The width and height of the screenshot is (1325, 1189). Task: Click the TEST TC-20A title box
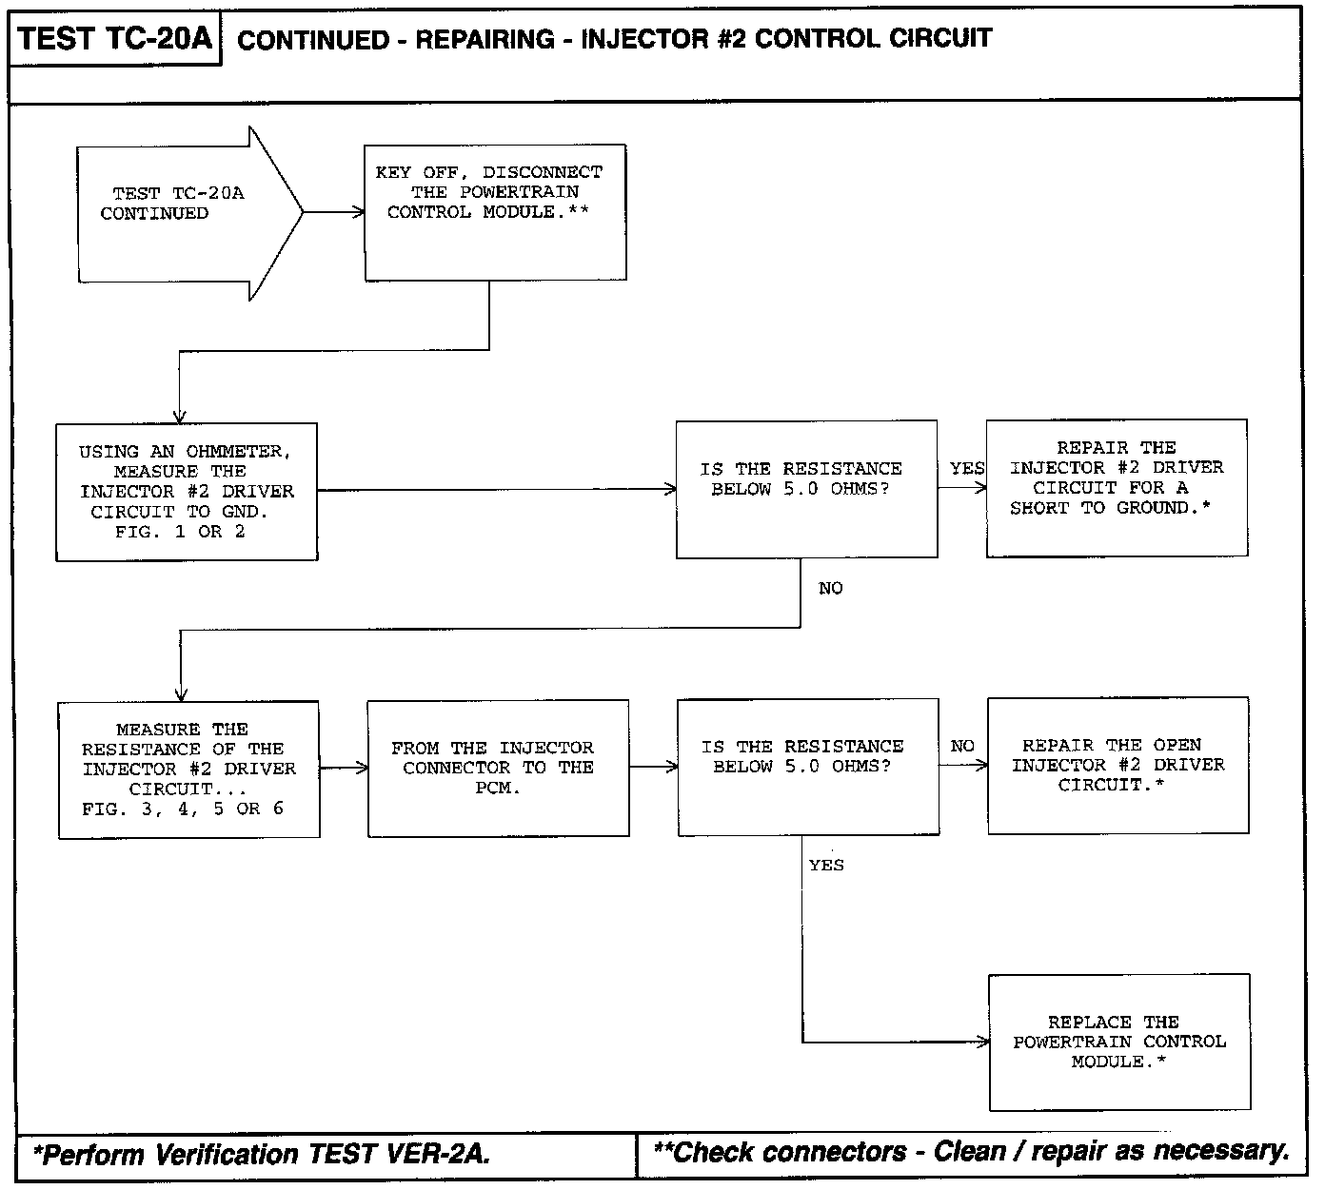coord(114,40)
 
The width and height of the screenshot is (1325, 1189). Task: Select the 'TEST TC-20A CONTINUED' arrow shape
coord(181,213)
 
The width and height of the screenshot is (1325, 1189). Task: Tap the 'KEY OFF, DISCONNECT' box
coord(495,212)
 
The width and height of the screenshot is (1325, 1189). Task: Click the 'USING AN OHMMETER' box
coord(187,491)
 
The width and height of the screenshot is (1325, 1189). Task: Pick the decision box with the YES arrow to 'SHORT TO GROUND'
coord(806,489)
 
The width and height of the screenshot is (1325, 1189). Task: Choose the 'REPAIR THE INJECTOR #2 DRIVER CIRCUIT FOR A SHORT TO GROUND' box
coord(1117,487)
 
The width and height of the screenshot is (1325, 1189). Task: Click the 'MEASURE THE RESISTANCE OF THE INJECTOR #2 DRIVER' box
coord(188,770)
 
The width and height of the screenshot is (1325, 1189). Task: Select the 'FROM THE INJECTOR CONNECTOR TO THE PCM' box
coord(498,768)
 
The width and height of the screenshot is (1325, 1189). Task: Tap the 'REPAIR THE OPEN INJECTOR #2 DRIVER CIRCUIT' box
coord(1117,766)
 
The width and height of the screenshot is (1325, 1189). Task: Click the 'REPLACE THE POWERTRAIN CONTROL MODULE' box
coord(1119,1042)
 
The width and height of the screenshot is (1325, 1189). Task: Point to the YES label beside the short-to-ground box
coord(967,469)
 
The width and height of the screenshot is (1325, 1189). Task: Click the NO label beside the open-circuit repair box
coord(962,747)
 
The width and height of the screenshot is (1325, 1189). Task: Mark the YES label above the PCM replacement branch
coord(826,866)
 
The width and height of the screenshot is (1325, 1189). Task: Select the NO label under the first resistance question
coord(830,589)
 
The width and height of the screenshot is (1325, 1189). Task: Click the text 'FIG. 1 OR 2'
coord(180,532)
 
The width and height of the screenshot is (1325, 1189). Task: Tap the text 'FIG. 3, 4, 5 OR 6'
coord(183,809)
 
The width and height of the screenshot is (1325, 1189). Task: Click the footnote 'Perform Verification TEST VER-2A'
coord(262,1155)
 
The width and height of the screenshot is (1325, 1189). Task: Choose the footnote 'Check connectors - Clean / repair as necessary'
coord(971,1152)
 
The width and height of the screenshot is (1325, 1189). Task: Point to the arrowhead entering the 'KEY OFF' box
coord(359,213)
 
